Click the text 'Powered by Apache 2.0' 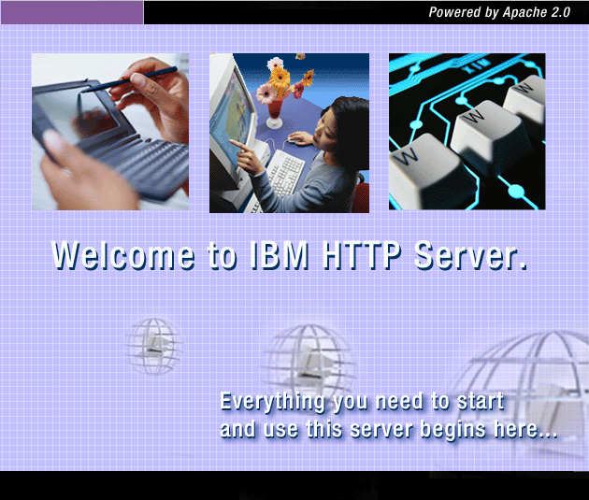coord(499,12)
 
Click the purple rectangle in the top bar coord(72,12)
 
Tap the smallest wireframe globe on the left coord(152,345)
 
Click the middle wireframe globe coord(309,360)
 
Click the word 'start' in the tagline coord(480,403)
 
